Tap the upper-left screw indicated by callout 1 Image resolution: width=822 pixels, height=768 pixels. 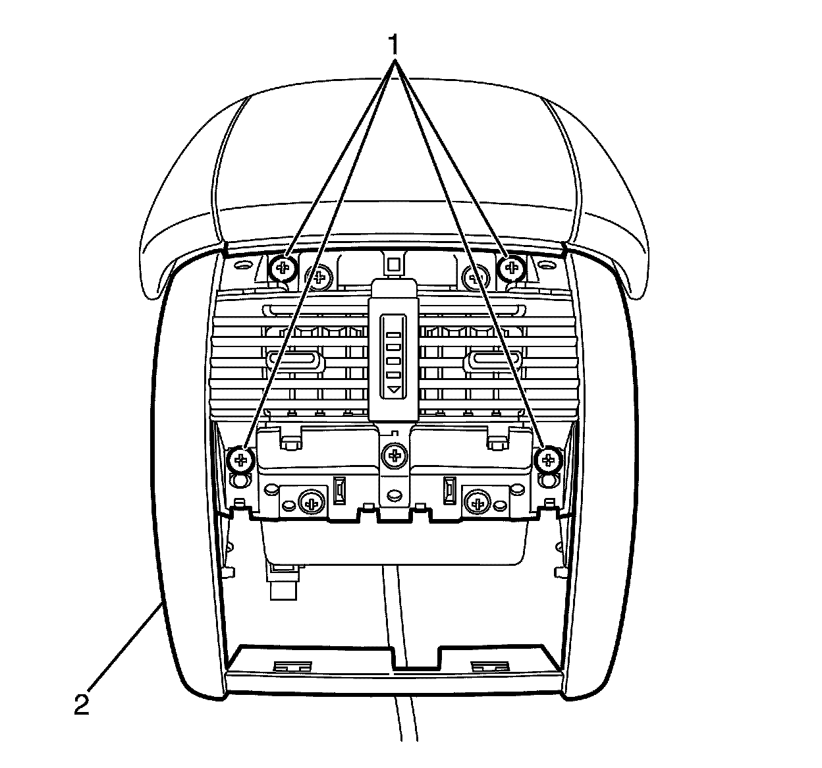coord(283,267)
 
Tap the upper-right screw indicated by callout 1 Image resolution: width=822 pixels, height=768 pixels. coord(510,267)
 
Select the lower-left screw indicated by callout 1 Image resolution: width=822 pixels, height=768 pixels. coord(242,458)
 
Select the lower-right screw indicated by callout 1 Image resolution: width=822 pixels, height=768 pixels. coord(547,459)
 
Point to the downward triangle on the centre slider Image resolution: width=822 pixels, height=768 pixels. coord(394,390)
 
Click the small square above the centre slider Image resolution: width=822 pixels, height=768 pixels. coord(394,265)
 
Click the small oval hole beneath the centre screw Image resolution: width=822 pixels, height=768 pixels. coord(395,493)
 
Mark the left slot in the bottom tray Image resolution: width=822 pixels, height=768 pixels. coord(292,666)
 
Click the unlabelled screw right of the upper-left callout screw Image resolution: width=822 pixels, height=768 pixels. coord(319,277)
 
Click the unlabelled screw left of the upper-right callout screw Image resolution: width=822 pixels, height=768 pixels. coord(474,277)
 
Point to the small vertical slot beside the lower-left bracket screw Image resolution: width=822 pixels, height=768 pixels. coord(340,490)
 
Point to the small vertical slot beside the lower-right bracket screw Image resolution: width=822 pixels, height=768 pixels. coord(449,490)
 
